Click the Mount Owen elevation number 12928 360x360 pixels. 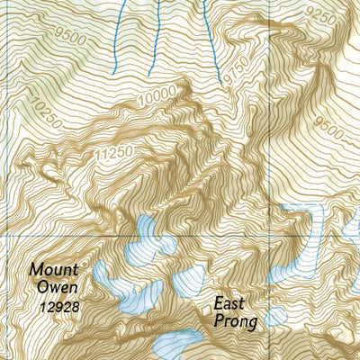(58, 307)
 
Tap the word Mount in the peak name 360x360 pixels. (53, 269)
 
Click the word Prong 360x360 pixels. (234, 321)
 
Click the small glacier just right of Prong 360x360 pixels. (274, 316)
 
